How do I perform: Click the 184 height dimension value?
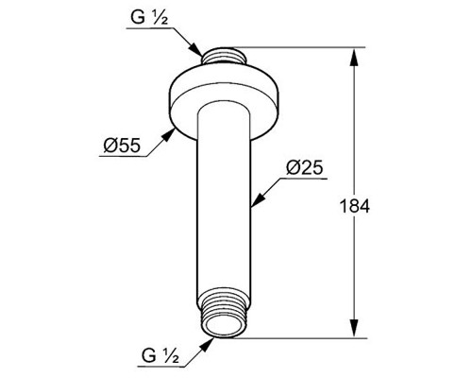355,206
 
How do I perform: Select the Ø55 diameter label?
122,146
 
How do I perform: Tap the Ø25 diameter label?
304,167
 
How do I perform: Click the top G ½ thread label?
149,17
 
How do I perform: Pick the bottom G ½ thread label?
160,355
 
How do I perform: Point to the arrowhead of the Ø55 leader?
168,135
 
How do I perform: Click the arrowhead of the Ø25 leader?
258,200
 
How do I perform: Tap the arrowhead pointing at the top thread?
195,49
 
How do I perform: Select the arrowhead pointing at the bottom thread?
207,344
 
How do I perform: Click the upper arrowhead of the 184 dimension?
354,58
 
